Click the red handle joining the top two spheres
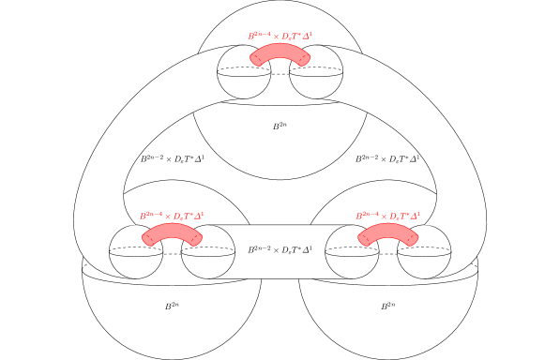click(280, 51)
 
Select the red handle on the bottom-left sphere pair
click(172, 231)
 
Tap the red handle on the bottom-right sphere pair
click(387, 231)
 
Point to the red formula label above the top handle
click(280, 36)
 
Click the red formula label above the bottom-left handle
click(172, 216)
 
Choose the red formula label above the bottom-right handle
click(387, 216)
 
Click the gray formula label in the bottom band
click(280, 250)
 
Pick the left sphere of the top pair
click(239, 79)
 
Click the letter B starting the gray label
click(251, 250)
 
